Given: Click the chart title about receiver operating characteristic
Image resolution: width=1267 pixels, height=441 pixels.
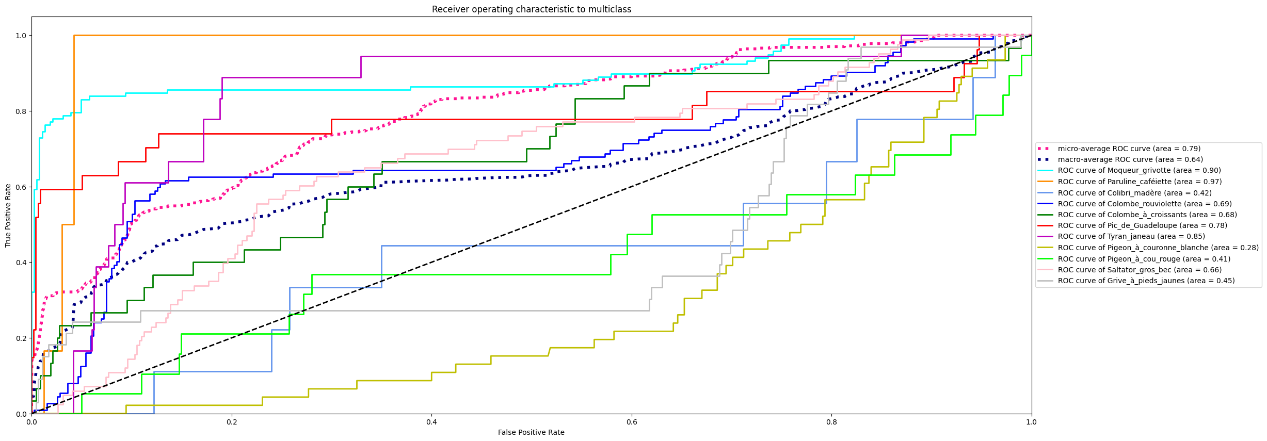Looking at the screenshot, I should [531, 9].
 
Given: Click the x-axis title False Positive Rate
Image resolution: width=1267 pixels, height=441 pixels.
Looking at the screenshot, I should [531, 432].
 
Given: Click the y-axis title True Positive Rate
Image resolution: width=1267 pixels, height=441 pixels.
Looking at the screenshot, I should [8, 215].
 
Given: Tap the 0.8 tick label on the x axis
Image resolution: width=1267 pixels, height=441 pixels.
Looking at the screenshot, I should [831, 422].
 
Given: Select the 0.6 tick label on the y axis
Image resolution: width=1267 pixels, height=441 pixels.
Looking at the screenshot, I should [21, 187].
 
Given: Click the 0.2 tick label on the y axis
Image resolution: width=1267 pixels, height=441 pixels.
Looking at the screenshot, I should [21, 338].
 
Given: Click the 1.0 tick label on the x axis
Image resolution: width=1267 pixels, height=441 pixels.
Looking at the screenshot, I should [1031, 422].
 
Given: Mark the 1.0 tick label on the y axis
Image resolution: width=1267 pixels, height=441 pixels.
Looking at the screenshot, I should [21, 36].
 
